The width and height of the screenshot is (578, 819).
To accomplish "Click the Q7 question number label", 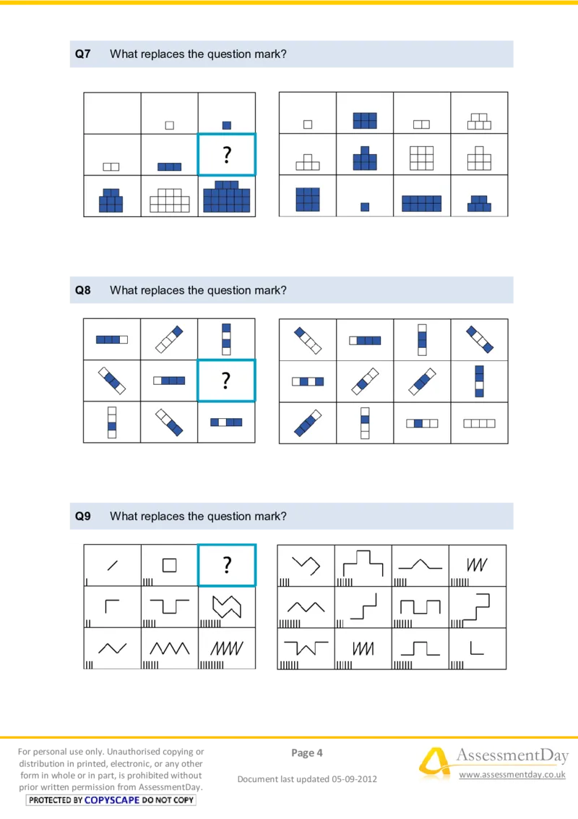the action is (x=82, y=54).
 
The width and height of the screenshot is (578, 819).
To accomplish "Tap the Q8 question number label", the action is (x=82, y=290).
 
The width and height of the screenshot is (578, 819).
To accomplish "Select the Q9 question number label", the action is (x=82, y=517).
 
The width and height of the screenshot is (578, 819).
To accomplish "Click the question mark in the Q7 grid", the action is (x=226, y=155).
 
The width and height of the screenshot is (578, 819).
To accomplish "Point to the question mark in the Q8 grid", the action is (x=226, y=381).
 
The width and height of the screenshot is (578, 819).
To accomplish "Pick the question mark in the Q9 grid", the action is (x=226, y=565).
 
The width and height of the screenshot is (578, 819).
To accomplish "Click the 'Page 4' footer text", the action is (x=307, y=752).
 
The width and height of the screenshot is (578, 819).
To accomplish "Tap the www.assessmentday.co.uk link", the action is (x=512, y=774).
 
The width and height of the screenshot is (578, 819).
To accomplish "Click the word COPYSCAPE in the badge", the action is (x=112, y=800).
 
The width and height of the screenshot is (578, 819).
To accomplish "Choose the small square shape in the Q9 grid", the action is (x=169, y=565).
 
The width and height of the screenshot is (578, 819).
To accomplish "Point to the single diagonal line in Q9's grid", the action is (x=112, y=565).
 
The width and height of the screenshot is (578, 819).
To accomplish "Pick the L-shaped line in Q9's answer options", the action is (x=471, y=653).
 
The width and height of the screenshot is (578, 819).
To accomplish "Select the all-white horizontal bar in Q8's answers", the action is (x=479, y=423).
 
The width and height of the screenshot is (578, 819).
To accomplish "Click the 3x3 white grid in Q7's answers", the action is (x=421, y=158).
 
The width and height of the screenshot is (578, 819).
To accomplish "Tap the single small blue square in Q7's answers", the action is (x=365, y=207).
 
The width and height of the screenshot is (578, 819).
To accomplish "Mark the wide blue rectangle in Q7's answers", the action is (x=421, y=203).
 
